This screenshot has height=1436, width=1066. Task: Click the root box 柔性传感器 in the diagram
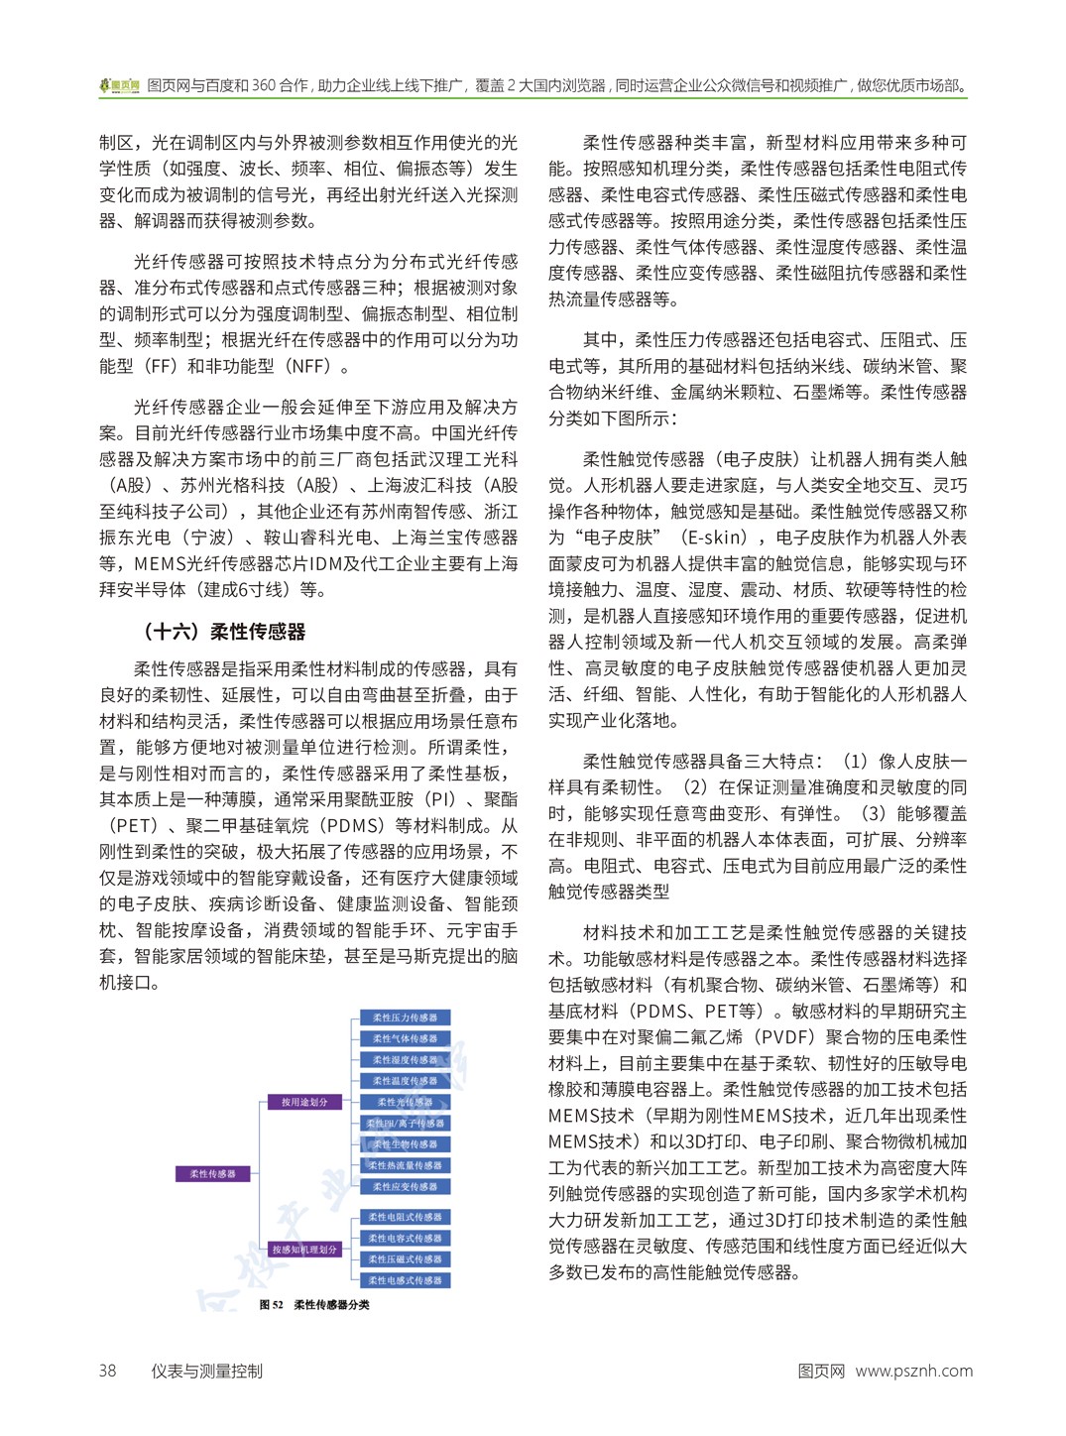213,1173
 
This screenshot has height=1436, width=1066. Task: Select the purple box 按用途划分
304,1102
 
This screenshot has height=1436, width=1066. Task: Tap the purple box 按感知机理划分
304,1250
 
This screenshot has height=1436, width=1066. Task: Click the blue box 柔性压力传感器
405,1017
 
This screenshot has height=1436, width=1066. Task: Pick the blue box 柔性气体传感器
405,1038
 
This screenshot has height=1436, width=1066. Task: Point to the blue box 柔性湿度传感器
405,1060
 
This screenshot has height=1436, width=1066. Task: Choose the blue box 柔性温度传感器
405,1081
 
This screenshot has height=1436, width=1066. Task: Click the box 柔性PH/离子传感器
405,1124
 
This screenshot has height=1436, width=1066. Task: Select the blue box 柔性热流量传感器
405,1165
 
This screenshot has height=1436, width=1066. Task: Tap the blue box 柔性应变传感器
405,1186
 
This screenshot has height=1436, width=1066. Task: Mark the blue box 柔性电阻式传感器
405,1217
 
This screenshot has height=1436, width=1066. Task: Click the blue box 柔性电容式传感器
405,1238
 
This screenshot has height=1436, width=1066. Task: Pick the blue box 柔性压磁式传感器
405,1259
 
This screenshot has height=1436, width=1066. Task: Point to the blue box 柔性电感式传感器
405,1280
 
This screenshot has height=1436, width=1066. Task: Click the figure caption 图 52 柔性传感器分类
314,1305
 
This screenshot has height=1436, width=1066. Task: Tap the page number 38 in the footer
107,1372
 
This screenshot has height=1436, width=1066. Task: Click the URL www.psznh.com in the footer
913,1372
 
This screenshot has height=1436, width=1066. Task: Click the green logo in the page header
119,86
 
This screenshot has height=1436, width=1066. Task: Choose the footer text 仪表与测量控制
206,1372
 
